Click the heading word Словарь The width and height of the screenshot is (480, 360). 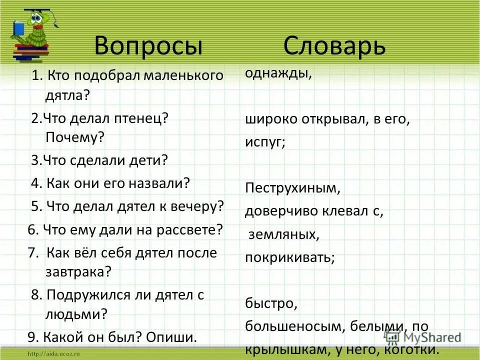point(334,46)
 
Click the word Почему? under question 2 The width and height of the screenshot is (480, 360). point(74,137)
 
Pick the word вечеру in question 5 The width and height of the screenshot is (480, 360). point(197,206)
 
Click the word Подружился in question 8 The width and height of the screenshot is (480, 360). point(85,294)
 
